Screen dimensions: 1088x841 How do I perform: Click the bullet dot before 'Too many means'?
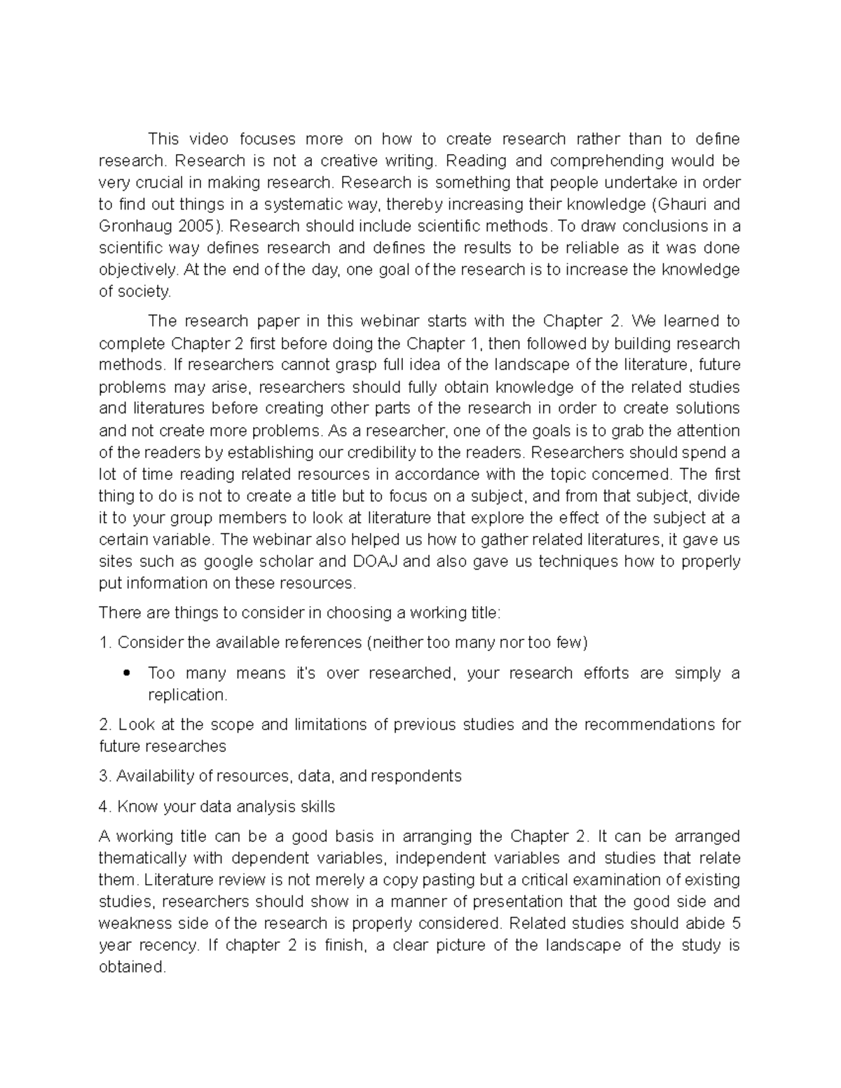tap(126, 673)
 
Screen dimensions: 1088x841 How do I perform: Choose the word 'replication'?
tap(187, 695)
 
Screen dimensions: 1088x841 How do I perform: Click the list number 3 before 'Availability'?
tap(104, 776)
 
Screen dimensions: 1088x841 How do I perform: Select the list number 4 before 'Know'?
tap(104, 806)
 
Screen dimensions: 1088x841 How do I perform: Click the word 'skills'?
tap(317, 806)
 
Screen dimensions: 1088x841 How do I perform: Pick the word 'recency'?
tap(169, 945)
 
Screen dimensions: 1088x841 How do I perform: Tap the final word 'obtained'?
tap(132, 967)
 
